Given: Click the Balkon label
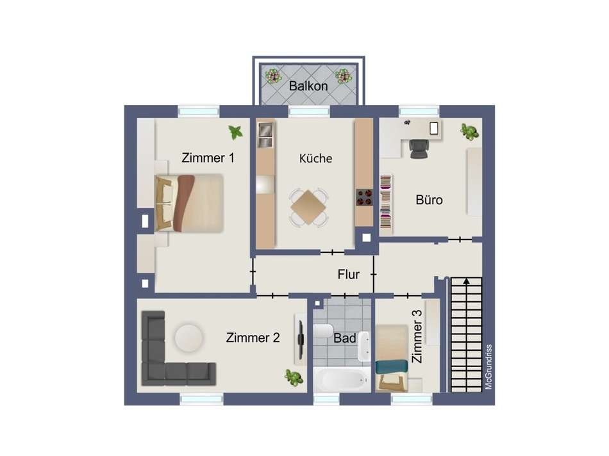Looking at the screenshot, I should coord(308,86).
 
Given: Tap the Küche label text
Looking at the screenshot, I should coord(316,158).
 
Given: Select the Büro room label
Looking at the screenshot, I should coord(429,200).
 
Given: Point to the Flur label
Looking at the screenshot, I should coord(349,275).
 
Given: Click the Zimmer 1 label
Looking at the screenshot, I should coord(208,158).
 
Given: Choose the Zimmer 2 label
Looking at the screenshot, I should coord(253,338).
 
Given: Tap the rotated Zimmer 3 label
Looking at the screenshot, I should coord(417,336).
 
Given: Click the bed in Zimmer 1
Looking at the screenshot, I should coord(190,202).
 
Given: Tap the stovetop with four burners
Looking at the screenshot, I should coord(364,196).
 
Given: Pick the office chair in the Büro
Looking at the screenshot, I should coord(419,148).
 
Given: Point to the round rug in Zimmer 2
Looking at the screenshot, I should coord(188,336).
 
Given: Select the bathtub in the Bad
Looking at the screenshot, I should coord(342,380).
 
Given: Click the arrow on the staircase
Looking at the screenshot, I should coord(467,280).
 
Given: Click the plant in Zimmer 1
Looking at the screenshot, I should coord(236,133).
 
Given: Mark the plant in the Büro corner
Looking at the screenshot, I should coord(469,132).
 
